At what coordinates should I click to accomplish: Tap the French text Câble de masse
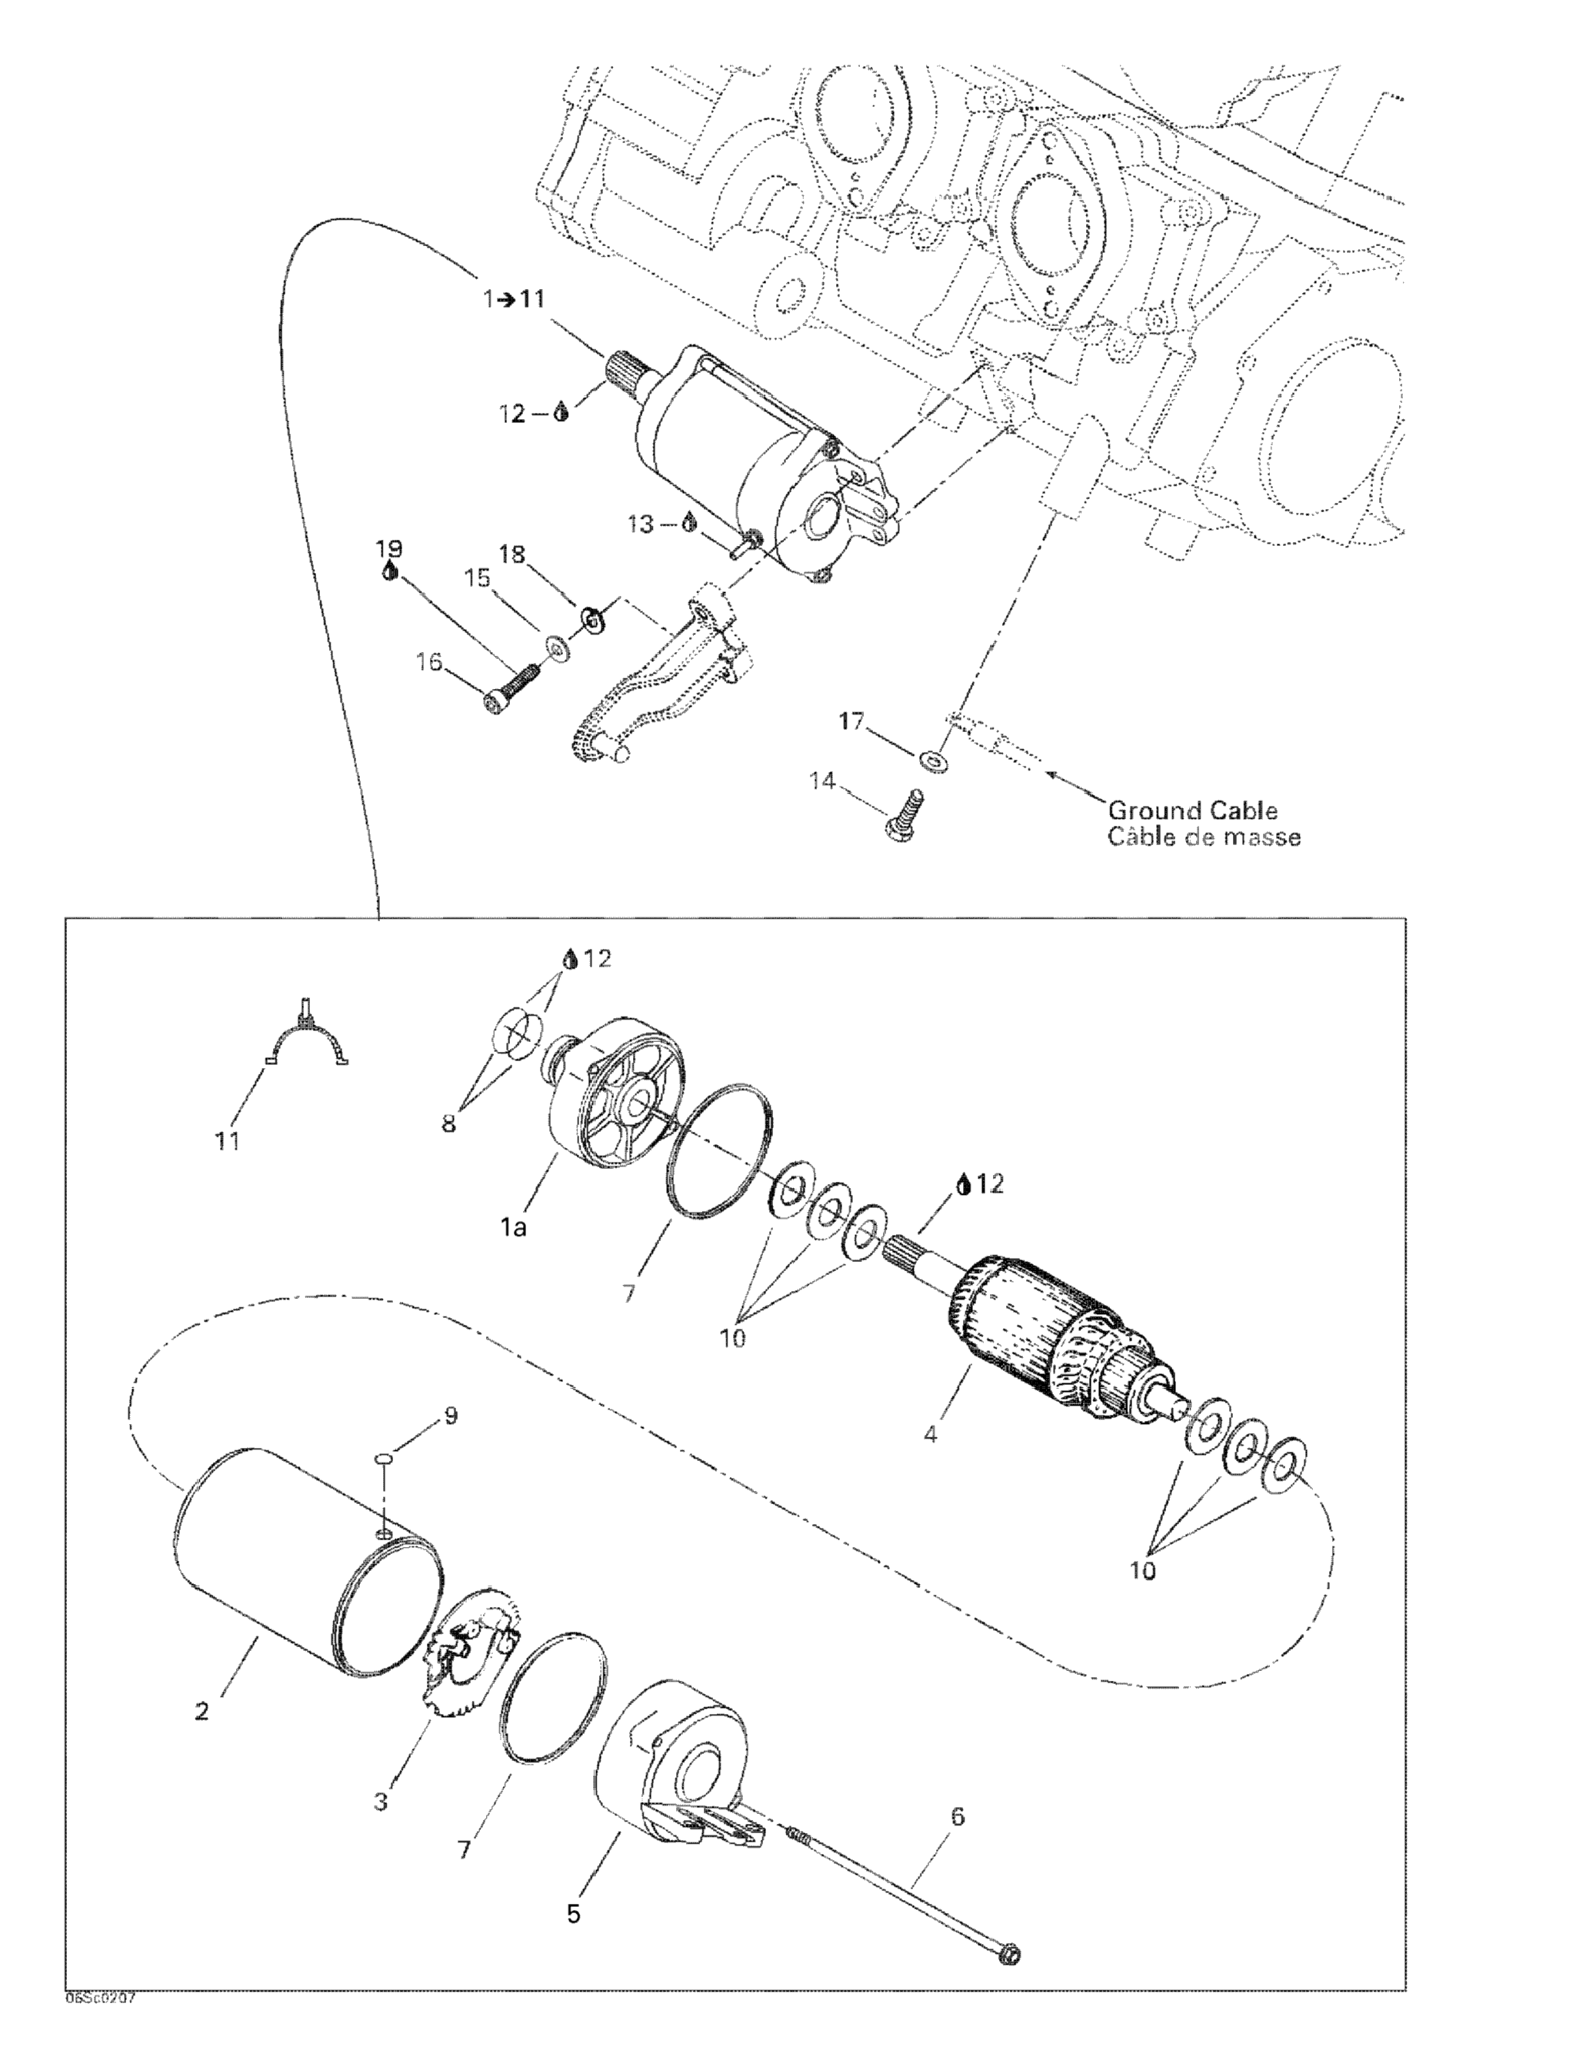tap(1204, 837)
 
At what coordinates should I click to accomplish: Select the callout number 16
tap(429, 662)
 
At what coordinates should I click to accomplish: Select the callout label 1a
tap(513, 1227)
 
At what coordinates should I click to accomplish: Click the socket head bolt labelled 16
tap(509, 687)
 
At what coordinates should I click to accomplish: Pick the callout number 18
tap(511, 554)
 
